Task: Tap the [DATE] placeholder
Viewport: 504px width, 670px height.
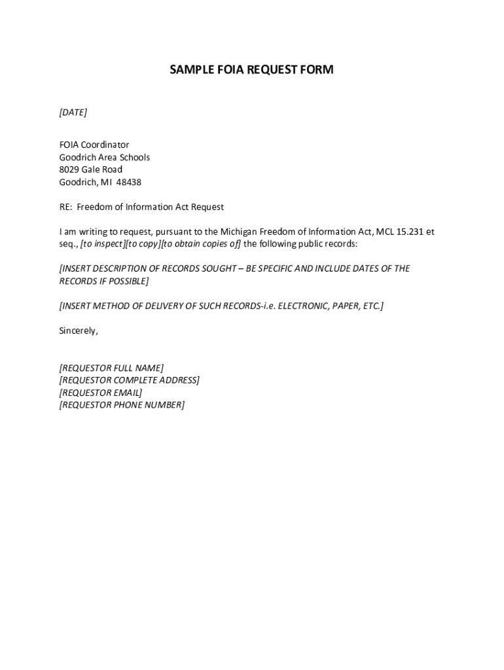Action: pos(73,113)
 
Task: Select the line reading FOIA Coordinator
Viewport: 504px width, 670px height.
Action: pos(94,145)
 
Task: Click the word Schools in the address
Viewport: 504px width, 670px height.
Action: pos(134,157)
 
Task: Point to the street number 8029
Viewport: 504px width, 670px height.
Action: pos(69,169)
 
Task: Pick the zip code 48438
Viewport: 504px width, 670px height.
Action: pos(129,182)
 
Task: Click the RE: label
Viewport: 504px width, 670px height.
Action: pos(65,207)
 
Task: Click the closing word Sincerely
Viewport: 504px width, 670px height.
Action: pos(79,330)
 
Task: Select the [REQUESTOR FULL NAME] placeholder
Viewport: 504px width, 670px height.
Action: pos(111,368)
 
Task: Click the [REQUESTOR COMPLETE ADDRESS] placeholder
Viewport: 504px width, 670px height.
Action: pos(129,380)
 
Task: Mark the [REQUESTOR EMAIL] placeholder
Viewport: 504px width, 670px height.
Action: pos(100,393)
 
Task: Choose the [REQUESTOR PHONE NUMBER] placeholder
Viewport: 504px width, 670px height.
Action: pos(122,405)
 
